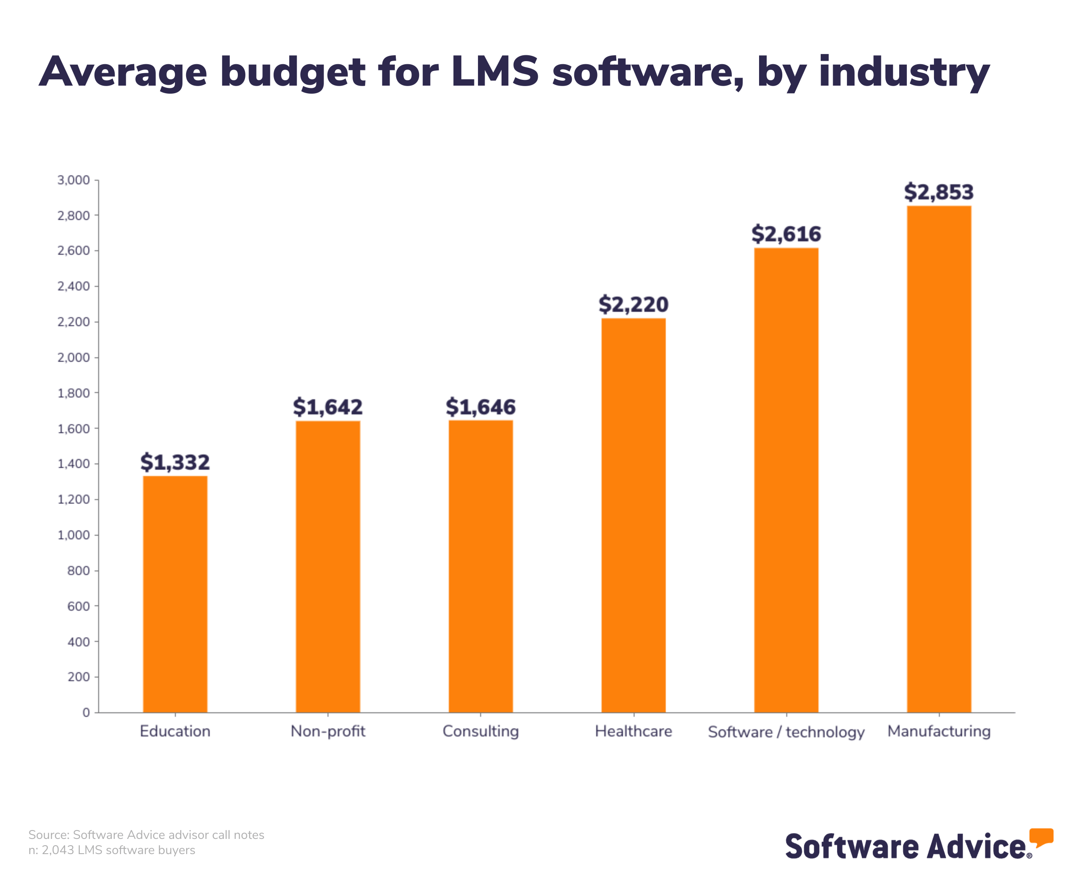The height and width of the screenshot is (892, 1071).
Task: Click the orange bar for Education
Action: click(x=175, y=594)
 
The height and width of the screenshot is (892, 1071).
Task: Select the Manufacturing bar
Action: click(x=939, y=459)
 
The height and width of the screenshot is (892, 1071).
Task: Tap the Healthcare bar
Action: click(x=633, y=515)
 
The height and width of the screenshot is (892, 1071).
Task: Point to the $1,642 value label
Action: click(x=328, y=407)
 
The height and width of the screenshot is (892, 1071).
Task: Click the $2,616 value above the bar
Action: click(x=786, y=234)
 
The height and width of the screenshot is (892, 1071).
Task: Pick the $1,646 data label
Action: click(x=481, y=407)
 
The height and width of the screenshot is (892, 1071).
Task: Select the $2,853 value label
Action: click(x=939, y=192)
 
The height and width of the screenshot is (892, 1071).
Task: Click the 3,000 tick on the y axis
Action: click(x=74, y=180)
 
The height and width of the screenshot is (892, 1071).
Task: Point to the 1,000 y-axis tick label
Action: click(x=74, y=535)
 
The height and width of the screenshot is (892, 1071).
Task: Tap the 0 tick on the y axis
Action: click(x=86, y=713)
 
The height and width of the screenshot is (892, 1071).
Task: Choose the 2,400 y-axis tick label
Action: click(x=74, y=286)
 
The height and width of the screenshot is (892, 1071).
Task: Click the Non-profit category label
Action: click(x=328, y=731)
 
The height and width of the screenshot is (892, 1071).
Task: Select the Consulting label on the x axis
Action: click(x=481, y=731)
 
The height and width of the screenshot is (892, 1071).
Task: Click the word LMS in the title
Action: click(x=495, y=71)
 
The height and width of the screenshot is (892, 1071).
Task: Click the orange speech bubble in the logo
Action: click(x=1041, y=838)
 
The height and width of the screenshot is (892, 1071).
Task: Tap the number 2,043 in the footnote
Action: click(x=57, y=850)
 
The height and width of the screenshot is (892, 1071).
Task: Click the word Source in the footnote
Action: click(x=49, y=834)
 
